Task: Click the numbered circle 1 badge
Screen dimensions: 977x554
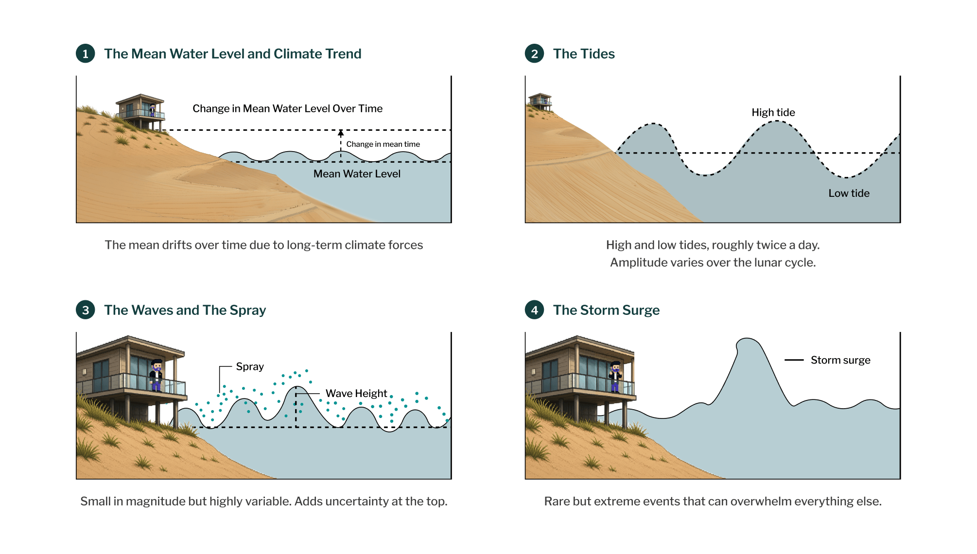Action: pyautogui.click(x=86, y=53)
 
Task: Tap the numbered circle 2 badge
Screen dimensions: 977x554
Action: pyautogui.click(x=535, y=53)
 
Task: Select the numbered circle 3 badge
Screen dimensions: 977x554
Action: pyautogui.click(x=86, y=310)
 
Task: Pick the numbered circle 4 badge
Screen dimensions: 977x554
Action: pyautogui.click(x=535, y=310)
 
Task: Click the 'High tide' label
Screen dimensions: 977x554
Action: pyautogui.click(x=773, y=112)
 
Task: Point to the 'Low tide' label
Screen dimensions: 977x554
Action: pyautogui.click(x=849, y=193)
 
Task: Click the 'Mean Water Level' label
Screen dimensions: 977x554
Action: pyautogui.click(x=357, y=173)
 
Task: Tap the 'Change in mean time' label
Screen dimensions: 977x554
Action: pyautogui.click(x=383, y=144)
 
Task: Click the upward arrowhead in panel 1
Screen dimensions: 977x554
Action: pyautogui.click(x=341, y=133)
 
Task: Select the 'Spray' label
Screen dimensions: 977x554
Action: pyautogui.click(x=250, y=366)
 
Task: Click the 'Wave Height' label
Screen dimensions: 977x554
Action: pyautogui.click(x=356, y=393)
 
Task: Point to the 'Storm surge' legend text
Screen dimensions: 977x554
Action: pyautogui.click(x=840, y=360)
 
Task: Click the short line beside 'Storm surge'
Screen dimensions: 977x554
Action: pyautogui.click(x=794, y=360)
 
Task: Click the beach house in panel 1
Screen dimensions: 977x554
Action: pyautogui.click(x=140, y=112)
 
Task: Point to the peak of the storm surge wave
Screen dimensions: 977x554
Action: pyautogui.click(x=748, y=339)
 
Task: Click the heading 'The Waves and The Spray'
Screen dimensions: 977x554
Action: pyautogui.click(x=185, y=310)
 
